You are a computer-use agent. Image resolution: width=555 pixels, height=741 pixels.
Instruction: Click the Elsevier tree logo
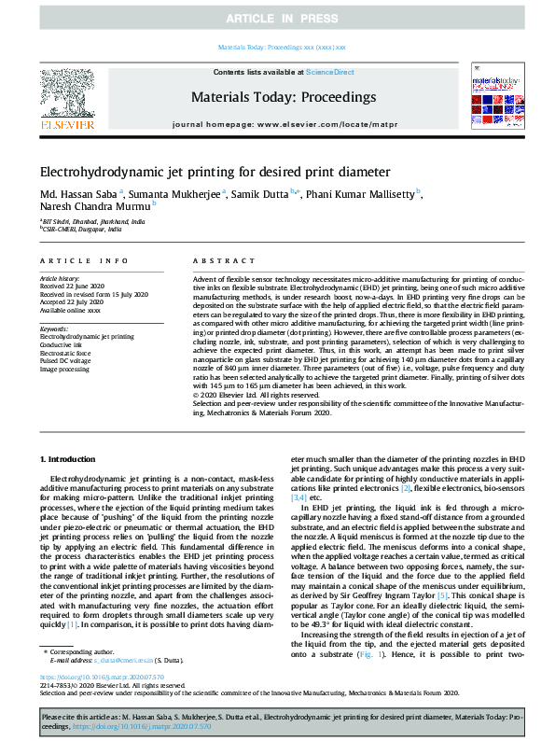tap(66, 94)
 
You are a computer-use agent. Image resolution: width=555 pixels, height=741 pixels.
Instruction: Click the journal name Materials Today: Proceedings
tap(283, 97)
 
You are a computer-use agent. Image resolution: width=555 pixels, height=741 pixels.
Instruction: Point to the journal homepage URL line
tap(283, 123)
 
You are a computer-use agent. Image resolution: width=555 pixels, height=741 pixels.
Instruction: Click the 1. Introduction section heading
tap(72, 462)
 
